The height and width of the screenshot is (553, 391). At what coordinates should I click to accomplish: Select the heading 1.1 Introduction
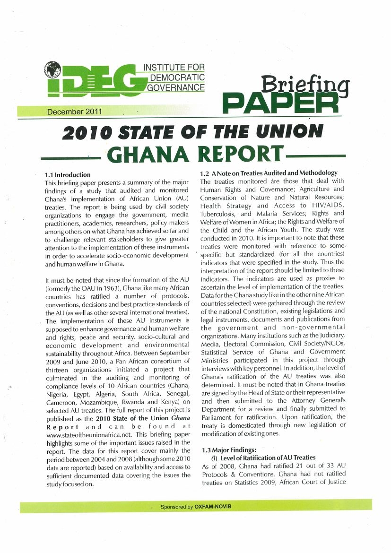coord(67,175)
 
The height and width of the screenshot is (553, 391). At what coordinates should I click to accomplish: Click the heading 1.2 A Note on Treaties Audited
coord(269,173)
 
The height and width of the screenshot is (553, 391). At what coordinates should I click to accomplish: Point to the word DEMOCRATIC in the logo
coord(176,78)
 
